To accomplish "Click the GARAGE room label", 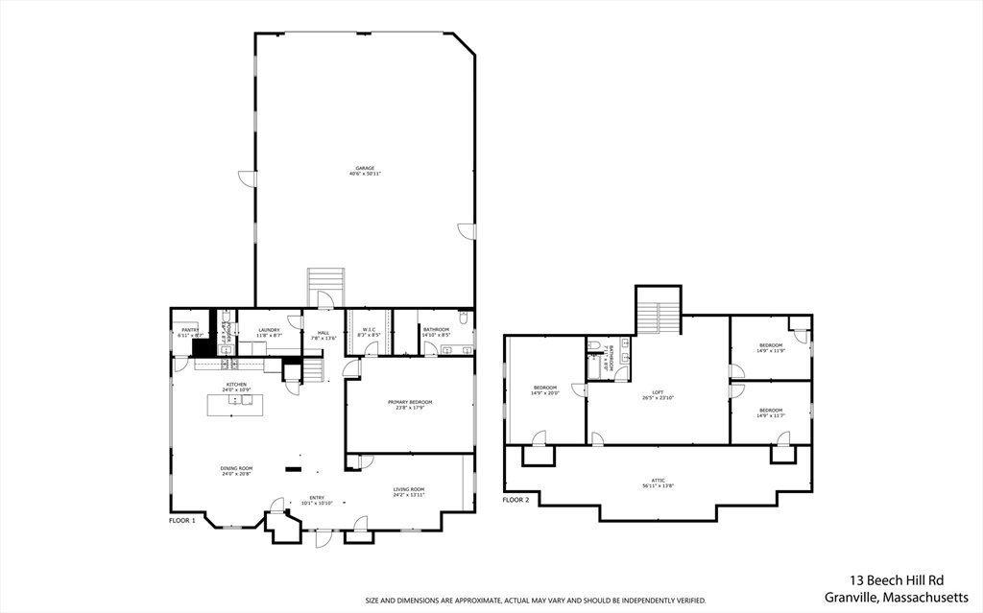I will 365,169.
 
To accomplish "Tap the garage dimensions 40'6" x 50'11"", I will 365,175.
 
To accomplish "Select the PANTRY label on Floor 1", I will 189,330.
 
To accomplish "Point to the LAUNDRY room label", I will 269,330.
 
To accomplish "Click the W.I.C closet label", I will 370,330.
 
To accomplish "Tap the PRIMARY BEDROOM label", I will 410,402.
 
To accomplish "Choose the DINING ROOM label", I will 236,468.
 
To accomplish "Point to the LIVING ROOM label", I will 409,489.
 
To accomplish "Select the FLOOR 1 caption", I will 182,520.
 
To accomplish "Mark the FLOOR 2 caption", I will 515,500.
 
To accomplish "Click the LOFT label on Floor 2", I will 658,391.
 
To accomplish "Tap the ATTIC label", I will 658,480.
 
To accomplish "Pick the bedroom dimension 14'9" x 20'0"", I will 544,393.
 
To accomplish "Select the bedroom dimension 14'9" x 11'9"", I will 771,351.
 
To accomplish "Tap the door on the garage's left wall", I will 248,178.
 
